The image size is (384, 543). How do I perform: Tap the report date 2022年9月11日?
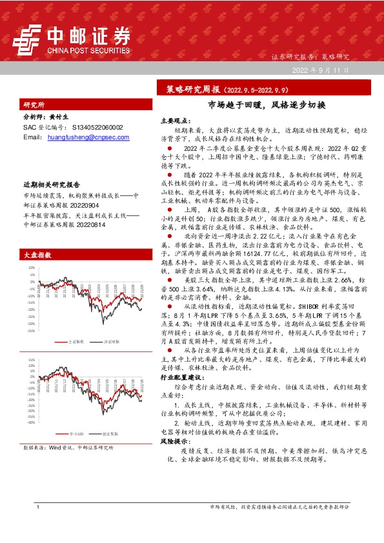[320, 70]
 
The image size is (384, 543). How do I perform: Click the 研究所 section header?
[34, 104]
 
